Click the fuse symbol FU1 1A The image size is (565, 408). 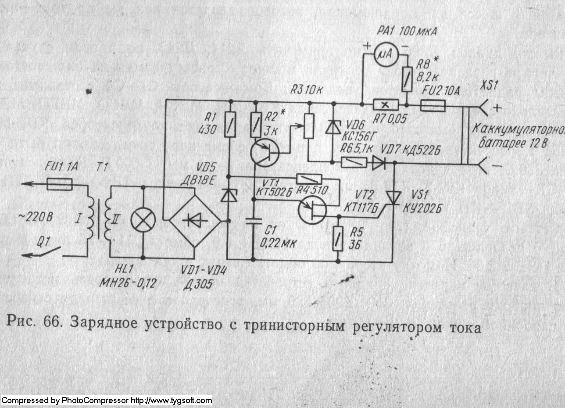coord(60,184)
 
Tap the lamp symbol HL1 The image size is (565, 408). coord(143,222)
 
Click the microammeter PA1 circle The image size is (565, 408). coord(386,54)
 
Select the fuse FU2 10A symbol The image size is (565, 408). coord(433,105)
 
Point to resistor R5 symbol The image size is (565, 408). coord(337,238)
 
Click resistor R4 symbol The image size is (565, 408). coord(309,179)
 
